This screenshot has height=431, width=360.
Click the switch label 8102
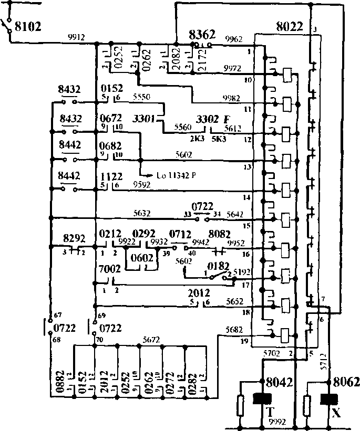[x=26, y=25]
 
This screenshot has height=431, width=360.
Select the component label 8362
[x=202, y=35]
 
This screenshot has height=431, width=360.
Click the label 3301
[x=144, y=119]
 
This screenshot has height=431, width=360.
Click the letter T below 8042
[x=271, y=412]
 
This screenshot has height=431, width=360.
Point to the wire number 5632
[x=141, y=213]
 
